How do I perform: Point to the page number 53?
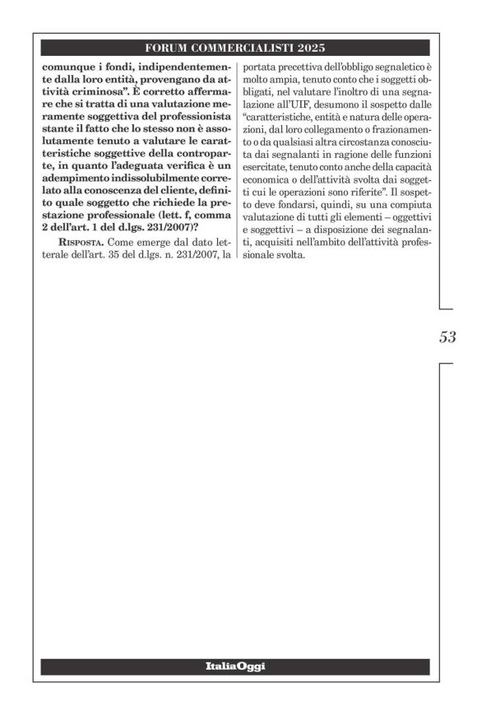[x=448, y=337]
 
